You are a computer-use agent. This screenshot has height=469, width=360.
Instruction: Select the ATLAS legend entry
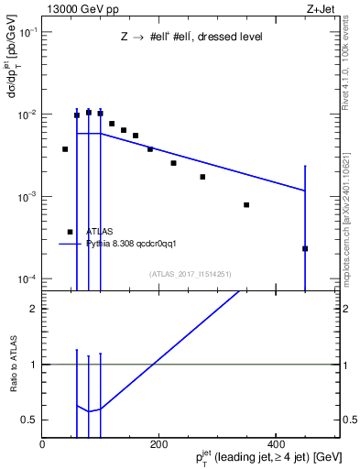coord(99,233)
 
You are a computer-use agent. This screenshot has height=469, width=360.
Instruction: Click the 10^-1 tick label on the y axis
coord(27,33)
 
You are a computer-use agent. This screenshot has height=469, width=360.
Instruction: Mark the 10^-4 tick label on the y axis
coord(27,278)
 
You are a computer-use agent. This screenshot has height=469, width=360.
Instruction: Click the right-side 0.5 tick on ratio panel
coord(350,420)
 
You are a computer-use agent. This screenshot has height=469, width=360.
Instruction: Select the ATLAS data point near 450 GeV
coord(305,248)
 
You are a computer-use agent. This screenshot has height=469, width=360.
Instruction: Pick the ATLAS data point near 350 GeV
coord(246,204)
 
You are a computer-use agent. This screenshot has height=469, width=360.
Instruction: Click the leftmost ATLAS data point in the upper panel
coord(65,148)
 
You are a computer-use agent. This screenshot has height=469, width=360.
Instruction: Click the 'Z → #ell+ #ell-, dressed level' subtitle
coord(191,38)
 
